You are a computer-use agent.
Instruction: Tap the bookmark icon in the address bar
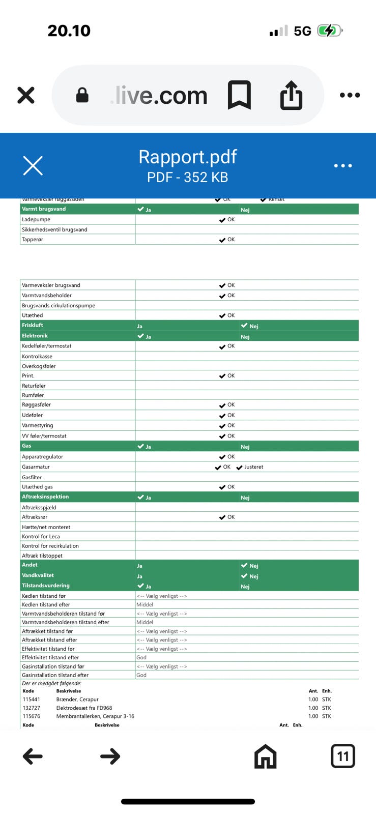[x=239, y=95]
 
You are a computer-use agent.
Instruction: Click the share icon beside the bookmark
[x=291, y=95]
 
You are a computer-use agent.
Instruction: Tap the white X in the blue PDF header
[x=33, y=165]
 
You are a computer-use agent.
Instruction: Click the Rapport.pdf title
[x=188, y=157]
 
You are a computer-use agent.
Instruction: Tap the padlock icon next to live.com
[x=82, y=95]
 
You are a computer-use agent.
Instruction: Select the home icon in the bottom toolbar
[x=265, y=756]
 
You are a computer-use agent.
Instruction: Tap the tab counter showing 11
[x=342, y=756]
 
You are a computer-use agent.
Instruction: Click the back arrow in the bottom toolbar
[x=33, y=757]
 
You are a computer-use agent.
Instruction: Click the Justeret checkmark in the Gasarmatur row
[x=240, y=467]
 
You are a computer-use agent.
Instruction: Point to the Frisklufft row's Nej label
[x=253, y=326]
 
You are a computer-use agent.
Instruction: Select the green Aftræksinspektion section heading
[x=45, y=497]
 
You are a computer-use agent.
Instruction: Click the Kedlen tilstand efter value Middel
[x=145, y=605]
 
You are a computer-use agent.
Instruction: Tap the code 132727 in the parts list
[x=32, y=708]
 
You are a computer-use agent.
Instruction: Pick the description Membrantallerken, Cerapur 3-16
[x=95, y=716]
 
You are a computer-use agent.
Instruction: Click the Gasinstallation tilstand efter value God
[x=141, y=675]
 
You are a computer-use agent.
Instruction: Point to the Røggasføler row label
[x=36, y=405]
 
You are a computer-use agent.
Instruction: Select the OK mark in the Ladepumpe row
[x=227, y=220]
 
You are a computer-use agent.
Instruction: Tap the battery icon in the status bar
[x=330, y=31]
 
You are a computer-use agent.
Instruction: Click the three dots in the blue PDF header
[x=343, y=165]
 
